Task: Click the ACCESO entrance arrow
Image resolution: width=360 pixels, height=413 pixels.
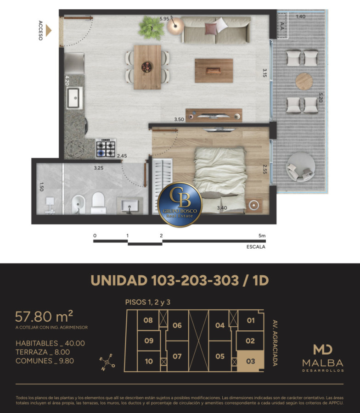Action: coord(48,30)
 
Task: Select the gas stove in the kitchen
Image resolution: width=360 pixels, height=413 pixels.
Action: coord(106,149)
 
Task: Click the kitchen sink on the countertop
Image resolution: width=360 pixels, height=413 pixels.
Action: coord(74,98)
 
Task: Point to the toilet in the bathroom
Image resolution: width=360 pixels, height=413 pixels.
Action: coord(98,203)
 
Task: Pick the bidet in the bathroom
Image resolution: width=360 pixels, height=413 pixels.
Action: coord(79,204)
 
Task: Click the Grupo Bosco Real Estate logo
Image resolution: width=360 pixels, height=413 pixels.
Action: coord(180,204)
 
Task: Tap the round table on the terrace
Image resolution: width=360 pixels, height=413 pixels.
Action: coord(304,81)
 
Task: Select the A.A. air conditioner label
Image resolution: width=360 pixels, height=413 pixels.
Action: coord(282,26)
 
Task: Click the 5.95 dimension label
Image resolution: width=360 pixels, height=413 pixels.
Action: coord(164,19)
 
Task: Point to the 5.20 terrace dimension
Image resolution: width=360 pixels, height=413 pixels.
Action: coord(321,97)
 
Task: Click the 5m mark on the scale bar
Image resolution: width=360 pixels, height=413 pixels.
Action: coord(262,236)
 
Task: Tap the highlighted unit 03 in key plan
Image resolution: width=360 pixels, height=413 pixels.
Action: coord(250,361)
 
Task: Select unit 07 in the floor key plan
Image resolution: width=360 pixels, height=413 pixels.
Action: coord(177,357)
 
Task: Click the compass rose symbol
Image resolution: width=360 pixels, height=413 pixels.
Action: coord(107,363)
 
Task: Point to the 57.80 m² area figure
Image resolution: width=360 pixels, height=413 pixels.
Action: coord(44,316)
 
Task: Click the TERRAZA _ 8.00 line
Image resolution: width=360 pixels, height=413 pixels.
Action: coord(43,352)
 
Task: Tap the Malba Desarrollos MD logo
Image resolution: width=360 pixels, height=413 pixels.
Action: coord(323,358)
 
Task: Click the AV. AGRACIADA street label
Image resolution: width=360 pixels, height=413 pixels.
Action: coord(275,343)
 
